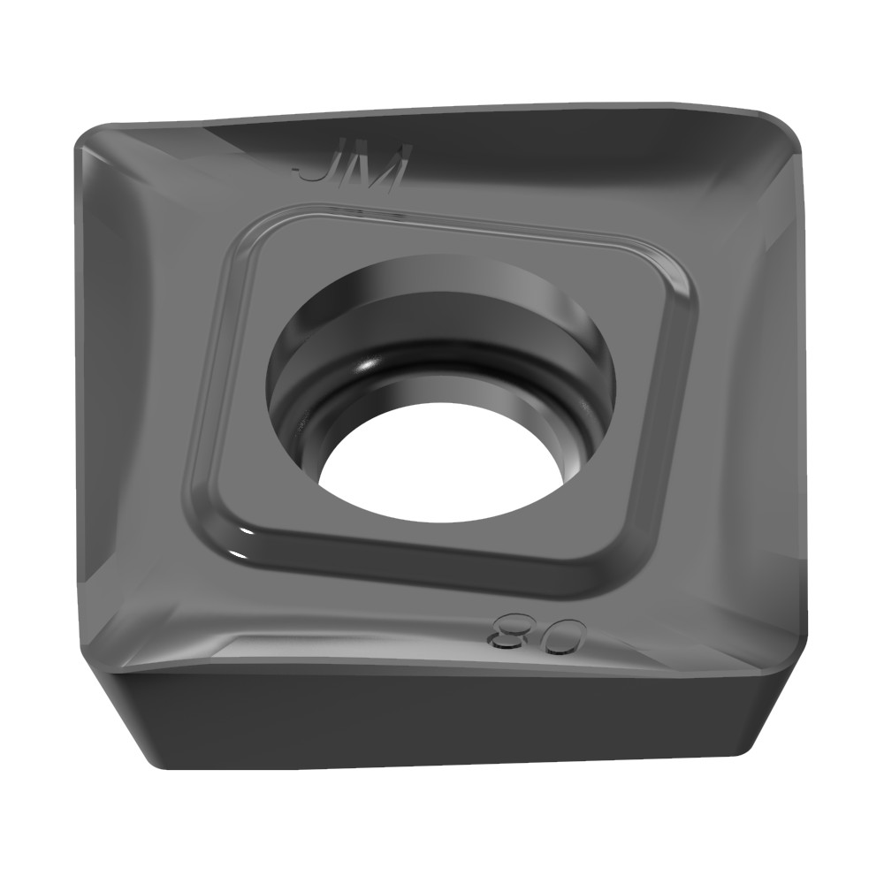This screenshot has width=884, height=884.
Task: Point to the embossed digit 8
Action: [507, 631]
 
